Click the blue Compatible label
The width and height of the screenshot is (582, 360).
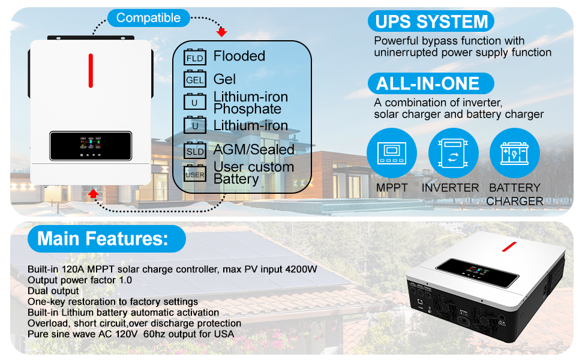coord(148,18)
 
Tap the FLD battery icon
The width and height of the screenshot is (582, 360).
coord(195,58)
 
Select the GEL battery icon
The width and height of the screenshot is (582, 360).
coord(195,79)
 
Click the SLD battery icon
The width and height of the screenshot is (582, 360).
coord(195,151)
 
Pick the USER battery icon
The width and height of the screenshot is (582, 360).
coord(195,174)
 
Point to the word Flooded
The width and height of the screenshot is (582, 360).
coord(239,56)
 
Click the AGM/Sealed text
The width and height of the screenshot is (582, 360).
coord(254,149)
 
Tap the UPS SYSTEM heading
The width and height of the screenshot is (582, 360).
coord(431,22)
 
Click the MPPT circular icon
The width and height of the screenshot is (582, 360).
coord(391,153)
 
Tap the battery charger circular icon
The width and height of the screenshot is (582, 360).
coord(515,153)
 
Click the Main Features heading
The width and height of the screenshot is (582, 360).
coord(103,238)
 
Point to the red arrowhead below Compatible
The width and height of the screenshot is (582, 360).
coord(222,32)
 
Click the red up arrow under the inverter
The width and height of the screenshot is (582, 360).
coord(93,193)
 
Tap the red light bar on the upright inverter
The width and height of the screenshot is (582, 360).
coord(91,71)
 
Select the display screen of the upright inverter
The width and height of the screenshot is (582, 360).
coord(91,146)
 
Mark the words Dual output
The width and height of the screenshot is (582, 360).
coord(53,291)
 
